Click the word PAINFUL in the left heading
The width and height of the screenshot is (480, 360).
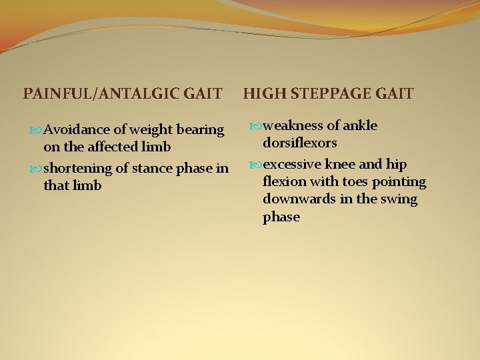pyautogui.click(x=56, y=94)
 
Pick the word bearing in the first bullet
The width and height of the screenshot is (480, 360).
pyautogui.click(x=199, y=129)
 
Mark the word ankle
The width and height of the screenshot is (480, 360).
pyautogui.click(x=360, y=125)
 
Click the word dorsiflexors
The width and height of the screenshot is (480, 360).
pyautogui.click(x=299, y=143)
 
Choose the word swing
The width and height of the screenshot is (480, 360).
pyautogui.click(x=399, y=199)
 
